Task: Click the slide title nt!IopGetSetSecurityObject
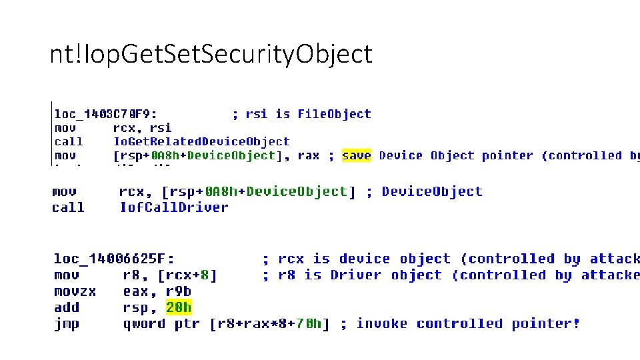pos(211,55)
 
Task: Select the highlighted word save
pos(356,155)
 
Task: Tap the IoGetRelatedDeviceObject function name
pos(201,141)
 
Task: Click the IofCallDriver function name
pos(174,207)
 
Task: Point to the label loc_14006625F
pos(114,259)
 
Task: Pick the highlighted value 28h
pos(179,307)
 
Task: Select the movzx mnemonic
pos(74,291)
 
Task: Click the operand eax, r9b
pos(158,291)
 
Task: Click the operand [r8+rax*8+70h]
pos(269,324)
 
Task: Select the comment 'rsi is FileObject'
pos(301,114)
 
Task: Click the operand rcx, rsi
pos(142,127)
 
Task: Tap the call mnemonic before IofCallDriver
pos(68,207)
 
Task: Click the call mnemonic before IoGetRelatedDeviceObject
pos(68,141)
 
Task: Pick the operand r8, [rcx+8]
pos(170,275)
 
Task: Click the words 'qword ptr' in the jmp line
pos(163,324)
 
